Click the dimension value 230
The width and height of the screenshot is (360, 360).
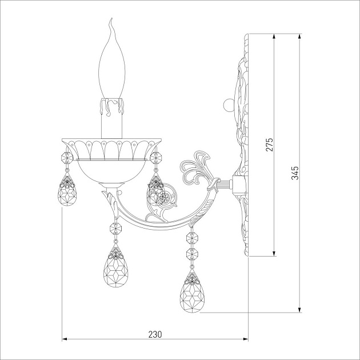pos(155,334)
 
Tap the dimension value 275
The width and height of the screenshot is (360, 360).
pos(270,145)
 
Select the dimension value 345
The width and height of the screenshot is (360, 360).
pos(295,173)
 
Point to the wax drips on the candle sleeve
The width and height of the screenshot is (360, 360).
pos(112,106)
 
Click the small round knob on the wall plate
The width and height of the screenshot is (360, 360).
pos(228,105)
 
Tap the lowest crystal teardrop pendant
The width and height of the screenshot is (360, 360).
pos(192,291)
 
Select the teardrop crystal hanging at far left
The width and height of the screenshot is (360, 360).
pos(67,190)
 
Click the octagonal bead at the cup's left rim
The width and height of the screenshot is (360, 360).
pos(67,158)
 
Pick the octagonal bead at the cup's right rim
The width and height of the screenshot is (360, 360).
pos(156,158)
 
